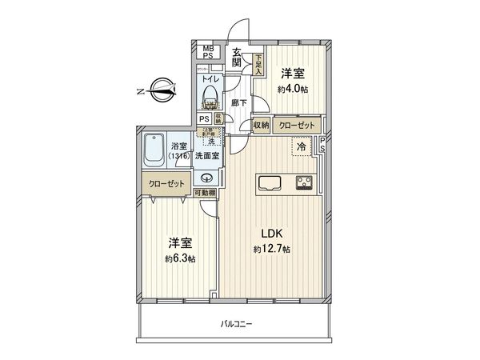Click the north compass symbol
click(x=159, y=90)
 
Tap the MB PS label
click(x=208, y=53)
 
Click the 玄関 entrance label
click(x=238, y=59)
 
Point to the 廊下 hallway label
click(x=238, y=103)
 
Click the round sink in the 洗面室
click(x=208, y=178)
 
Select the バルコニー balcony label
click(x=236, y=324)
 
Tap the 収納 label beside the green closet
click(x=261, y=126)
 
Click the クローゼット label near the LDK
click(x=297, y=126)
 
